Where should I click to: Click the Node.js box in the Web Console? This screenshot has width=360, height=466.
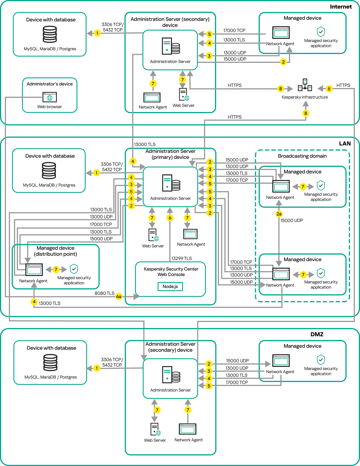170,286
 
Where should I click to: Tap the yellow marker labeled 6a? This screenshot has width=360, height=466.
119,297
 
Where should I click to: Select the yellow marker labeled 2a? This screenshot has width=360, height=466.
279,214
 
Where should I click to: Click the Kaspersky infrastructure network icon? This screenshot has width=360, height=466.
305,85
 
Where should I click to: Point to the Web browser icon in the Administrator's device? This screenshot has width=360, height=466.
50,97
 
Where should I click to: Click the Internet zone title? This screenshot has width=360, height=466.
341,7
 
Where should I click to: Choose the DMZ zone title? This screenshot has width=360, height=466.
317,334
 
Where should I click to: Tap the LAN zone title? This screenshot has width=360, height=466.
345,143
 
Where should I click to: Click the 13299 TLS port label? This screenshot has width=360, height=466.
182,258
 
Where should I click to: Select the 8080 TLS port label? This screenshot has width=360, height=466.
104,293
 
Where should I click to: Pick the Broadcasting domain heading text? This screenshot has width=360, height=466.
302,156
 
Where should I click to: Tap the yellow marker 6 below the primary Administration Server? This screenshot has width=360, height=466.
170,218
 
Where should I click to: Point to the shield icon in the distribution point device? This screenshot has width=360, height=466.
74,269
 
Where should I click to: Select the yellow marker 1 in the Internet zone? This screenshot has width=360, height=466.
97,33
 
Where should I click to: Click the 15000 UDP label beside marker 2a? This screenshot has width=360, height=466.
291,220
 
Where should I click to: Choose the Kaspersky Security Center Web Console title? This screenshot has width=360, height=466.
171,272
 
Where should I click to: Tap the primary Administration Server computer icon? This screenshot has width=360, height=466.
171,183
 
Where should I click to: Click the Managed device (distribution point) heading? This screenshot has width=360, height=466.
55,251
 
